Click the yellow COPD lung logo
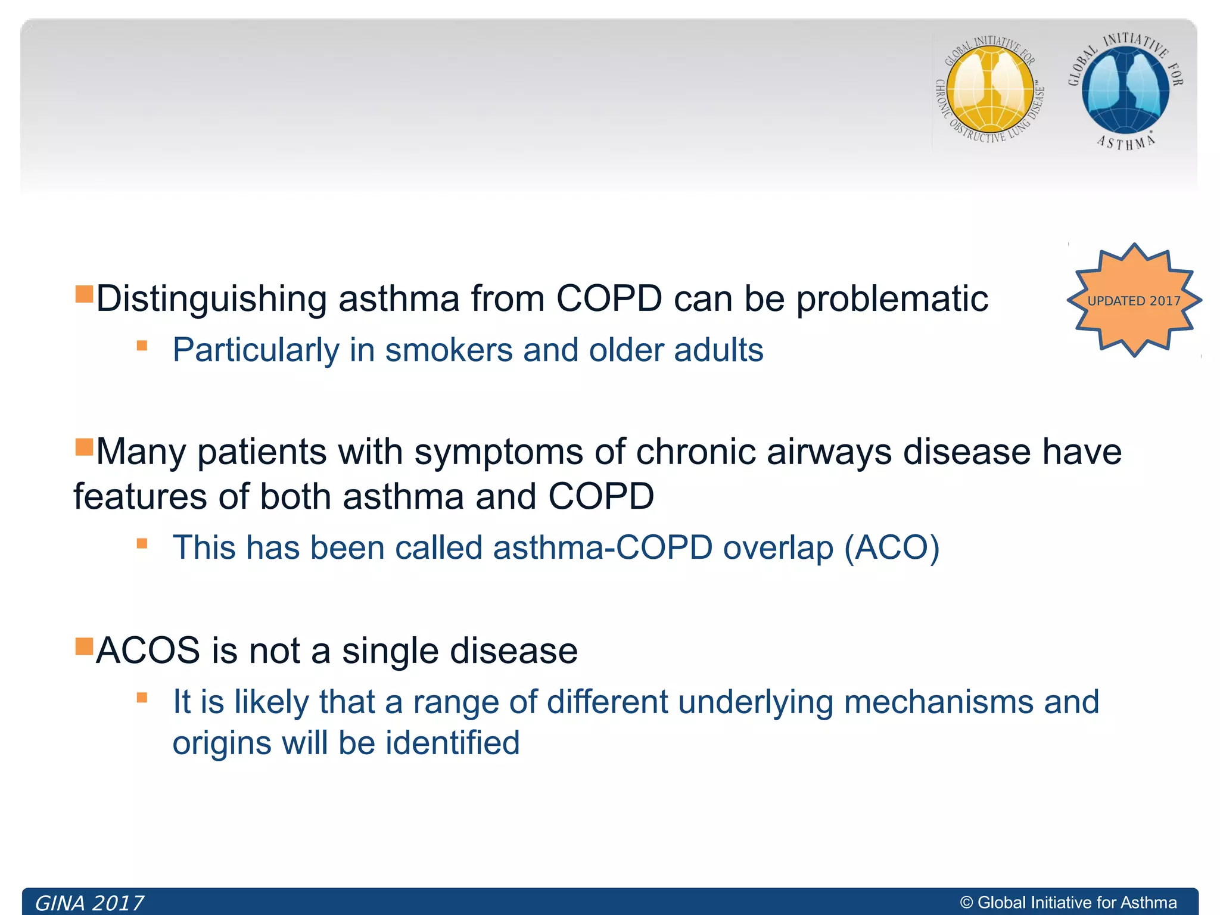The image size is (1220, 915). pyautogui.click(x=990, y=89)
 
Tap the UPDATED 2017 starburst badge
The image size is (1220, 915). pyautogui.click(x=1134, y=300)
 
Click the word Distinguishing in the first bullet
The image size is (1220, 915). pyautogui.click(x=211, y=298)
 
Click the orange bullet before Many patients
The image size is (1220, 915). pyautogui.click(x=84, y=446)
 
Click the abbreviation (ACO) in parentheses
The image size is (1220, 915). pyautogui.click(x=892, y=547)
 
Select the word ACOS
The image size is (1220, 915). pyautogui.click(x=148, y=650)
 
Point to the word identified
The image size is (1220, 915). pyautogui.click(x=453, y=743)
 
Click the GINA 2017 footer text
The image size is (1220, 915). pyautogui.click(x=89, y=903)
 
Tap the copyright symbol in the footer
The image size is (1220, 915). pyautogui.click(x=966, y=903)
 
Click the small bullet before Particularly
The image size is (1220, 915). pyautogui.click(x=142, y=346)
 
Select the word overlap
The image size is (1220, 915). pyautogui.click(x=778, y=547)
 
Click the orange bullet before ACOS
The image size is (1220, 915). pyautogui.click(x=84, y=646)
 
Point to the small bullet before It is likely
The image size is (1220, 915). pyautogui.click(x=142, y=698)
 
